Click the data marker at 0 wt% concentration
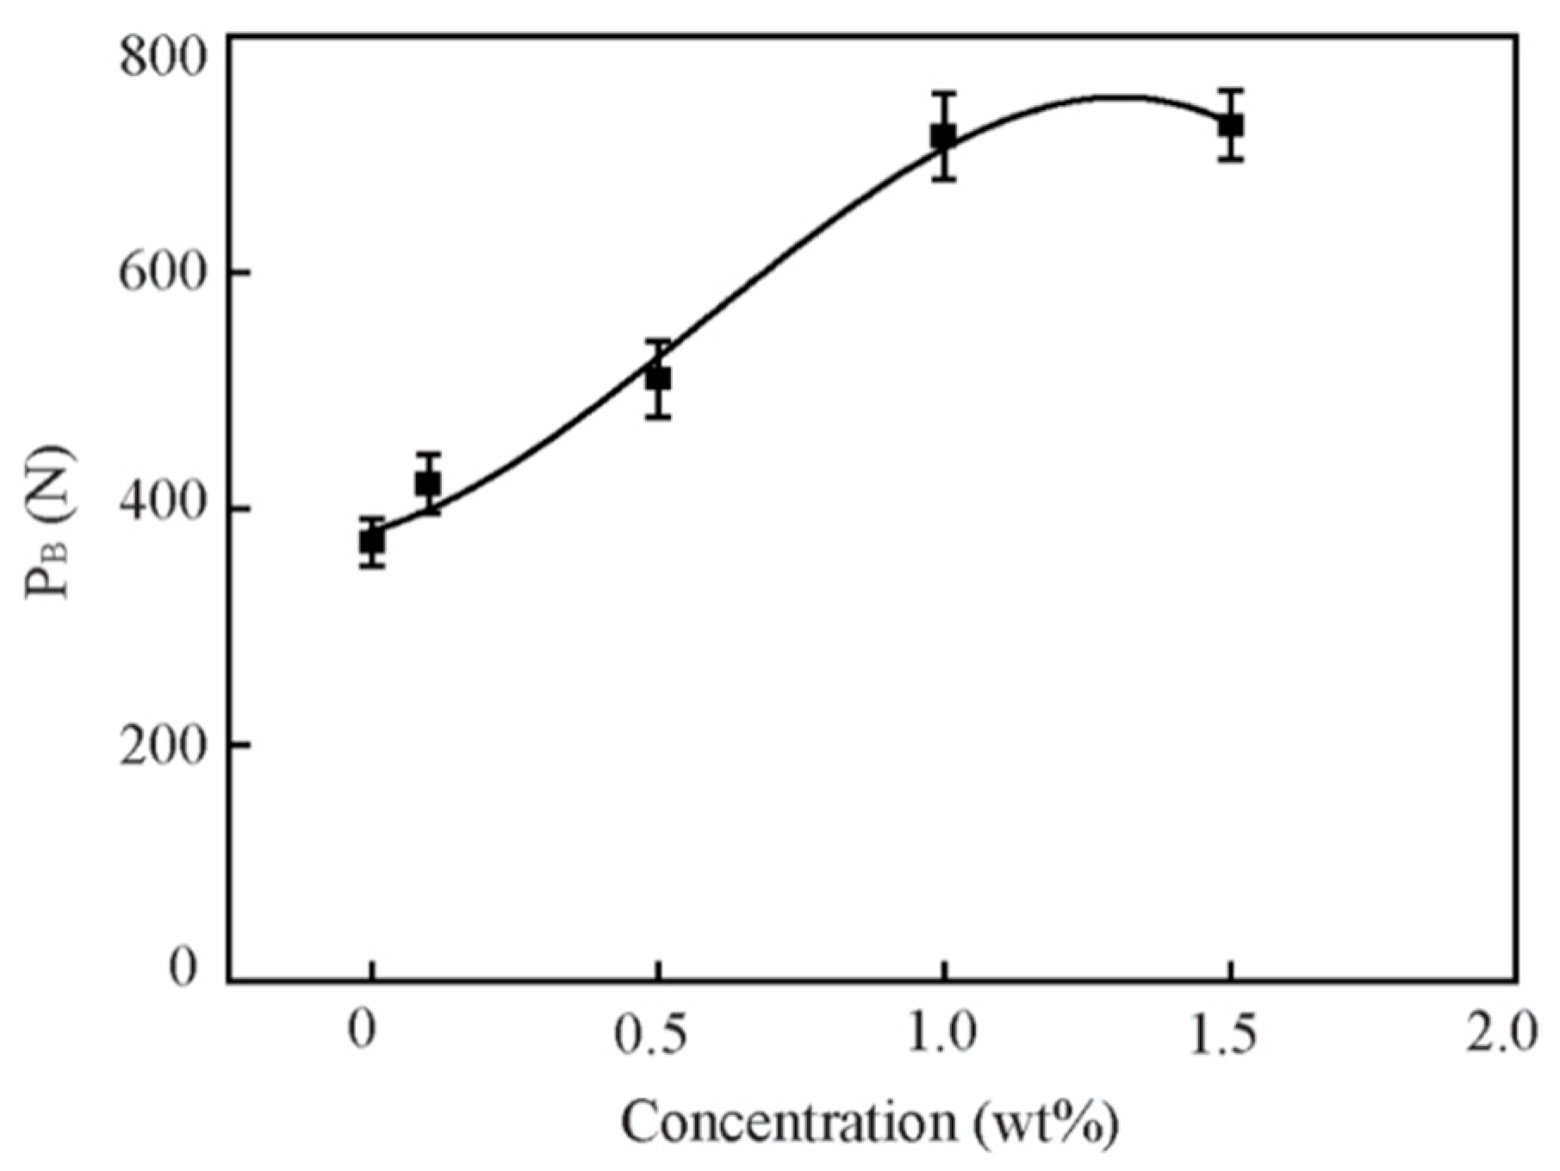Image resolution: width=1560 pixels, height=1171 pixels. tap(371, 542)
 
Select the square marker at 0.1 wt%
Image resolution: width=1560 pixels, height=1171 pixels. tap(428, 484)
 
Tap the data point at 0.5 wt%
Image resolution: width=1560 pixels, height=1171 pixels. tap(658, 379)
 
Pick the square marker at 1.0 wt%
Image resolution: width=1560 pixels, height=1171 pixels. tap(944, 137)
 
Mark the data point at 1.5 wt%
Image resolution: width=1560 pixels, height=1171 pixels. tap(1231, 126)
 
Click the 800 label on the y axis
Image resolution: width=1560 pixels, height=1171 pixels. tap(163, 59)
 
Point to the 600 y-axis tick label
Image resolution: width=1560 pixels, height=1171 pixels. tap(163, 273)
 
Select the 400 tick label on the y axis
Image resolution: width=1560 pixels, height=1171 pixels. tap(163, 510)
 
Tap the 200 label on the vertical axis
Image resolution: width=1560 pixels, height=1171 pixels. tap(163, 746)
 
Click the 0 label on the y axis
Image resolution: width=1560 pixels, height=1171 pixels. tap(183, 967)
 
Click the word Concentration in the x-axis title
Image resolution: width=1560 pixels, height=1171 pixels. tap(788, 1123)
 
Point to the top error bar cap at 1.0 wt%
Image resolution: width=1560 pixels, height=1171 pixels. tap(944, 92)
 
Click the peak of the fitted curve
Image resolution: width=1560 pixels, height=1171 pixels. tap(1116, 96)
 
